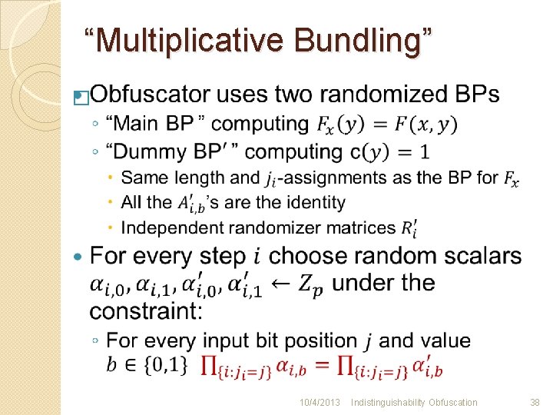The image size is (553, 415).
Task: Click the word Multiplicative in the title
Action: [x=190, y=40]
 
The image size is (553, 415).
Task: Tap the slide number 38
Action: [x=535, y=402]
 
